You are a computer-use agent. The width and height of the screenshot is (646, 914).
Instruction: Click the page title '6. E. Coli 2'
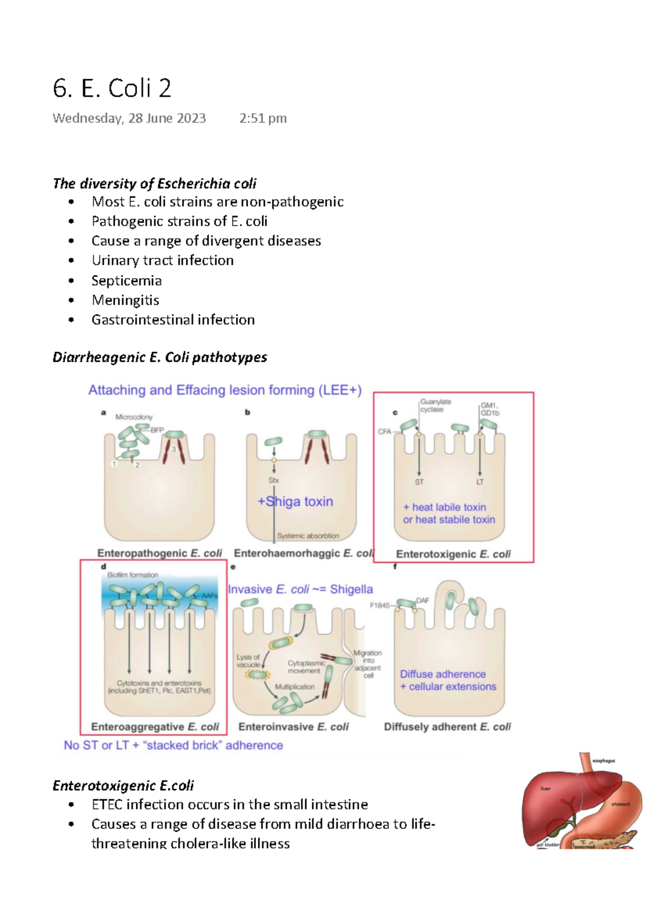tap(112, 88)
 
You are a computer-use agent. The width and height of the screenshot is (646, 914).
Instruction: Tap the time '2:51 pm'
tap(263, 118)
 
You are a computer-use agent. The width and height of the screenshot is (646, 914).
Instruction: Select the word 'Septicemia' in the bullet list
tap(127, 280)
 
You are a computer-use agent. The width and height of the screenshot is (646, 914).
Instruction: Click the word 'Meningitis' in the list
tap(125, 300)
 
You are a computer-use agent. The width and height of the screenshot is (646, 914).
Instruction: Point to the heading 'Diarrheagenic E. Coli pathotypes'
tap(159, 357)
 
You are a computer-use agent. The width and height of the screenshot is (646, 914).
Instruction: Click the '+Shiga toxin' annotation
tap(295, 502)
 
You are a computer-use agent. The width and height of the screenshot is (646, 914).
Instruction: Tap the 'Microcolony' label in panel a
tap(134, 417)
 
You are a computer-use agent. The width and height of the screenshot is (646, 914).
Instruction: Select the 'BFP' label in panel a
tap(157, 430)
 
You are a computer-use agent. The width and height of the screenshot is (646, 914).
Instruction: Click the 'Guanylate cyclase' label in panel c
tap(435, 405)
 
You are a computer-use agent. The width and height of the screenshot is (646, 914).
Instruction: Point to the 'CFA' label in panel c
tap(384, 432)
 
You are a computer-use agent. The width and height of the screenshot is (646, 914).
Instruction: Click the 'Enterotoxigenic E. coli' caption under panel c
tap(453, 554)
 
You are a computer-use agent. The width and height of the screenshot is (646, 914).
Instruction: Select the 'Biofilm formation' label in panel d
tap(132, 575)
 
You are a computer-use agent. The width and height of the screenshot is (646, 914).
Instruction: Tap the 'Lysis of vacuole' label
tap(248, 660)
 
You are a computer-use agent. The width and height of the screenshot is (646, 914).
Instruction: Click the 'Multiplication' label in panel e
tap(294, 687)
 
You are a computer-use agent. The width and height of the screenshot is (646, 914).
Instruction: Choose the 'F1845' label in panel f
tap(380, 606)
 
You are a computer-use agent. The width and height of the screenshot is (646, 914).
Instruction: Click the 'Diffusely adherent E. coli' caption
tap(447, 727)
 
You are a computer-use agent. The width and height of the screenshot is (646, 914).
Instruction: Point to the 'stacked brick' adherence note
tap(173, 746)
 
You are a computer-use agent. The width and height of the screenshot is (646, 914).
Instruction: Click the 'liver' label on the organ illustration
tap(545, 789)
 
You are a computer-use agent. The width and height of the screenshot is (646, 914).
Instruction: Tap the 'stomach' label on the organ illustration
tap(620, 804)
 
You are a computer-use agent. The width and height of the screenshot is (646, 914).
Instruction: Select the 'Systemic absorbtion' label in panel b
tap(308, 536)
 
